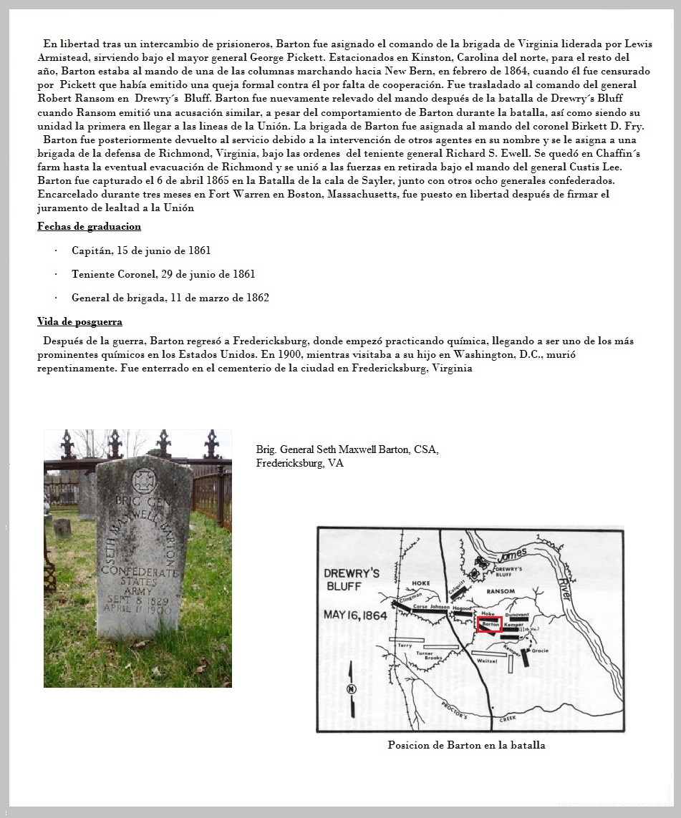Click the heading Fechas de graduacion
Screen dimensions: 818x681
(x=89, y=226)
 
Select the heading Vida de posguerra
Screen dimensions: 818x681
(x=79, y=321)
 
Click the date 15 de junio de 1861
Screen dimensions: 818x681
(x=168, y=250)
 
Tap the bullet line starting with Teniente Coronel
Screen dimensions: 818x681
(x=163, y=274)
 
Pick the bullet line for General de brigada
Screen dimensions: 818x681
(x=170, y=298)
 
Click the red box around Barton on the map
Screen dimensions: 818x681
(x=489, y=623)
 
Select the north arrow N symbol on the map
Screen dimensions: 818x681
(x=350, y=688)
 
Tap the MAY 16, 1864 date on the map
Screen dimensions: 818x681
(x=355, y=615)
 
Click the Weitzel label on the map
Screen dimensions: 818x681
(x=486, y=661)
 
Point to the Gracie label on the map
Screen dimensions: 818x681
(x=539, y=651)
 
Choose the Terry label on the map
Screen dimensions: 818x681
(x=405, y=645)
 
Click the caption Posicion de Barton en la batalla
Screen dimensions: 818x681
(x=466, y=745)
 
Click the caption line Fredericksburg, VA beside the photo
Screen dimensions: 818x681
(x=299, y=463)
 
